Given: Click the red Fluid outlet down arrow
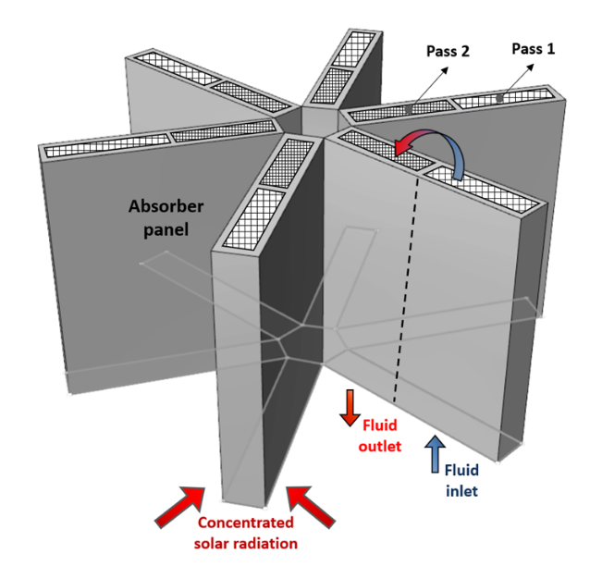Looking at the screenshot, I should [x=349, y=408].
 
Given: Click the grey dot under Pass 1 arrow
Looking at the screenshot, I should [x=499, y=98].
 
